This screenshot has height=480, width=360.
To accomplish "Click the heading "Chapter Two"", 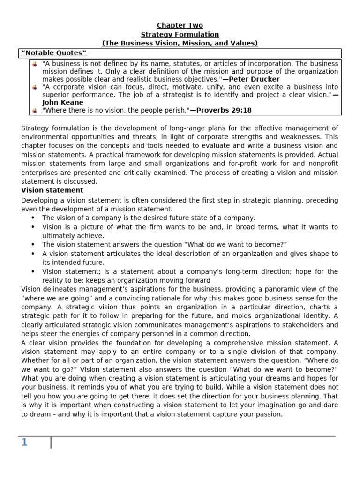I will (180, 25).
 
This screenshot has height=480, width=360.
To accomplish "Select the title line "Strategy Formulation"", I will (180, 34).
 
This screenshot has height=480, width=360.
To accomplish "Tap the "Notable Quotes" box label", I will (54, 53).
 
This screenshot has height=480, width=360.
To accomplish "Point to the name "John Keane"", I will (63, 102).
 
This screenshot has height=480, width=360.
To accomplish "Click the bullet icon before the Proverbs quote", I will (35, 110).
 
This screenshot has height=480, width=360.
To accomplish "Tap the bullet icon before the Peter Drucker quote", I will (35, 63).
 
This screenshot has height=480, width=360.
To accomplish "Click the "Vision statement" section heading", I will (52, 190).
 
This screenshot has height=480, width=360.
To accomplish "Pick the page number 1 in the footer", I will (24, 442).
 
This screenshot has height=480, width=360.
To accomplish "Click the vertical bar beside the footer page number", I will (51, 442).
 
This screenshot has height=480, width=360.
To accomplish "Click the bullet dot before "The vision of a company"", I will (33, 218).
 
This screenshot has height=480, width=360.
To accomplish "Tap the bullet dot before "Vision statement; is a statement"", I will (33, 272).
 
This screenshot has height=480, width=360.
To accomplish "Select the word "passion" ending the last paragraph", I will (267, 414).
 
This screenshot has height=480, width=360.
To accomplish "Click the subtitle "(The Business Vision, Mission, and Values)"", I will (180, 43).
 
